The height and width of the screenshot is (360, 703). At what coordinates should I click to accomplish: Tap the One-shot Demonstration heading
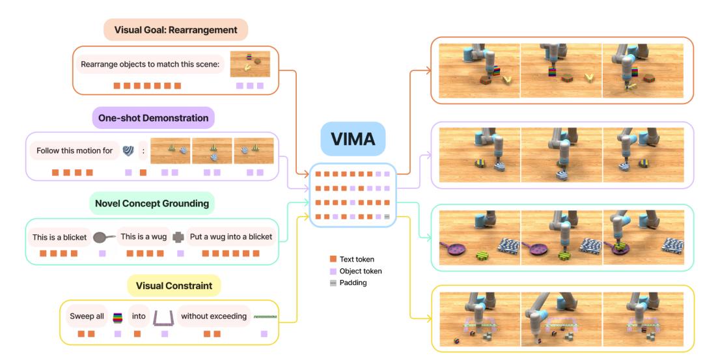click(x=154, y=118)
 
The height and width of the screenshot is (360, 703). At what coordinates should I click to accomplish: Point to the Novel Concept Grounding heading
click(x=152, y=204)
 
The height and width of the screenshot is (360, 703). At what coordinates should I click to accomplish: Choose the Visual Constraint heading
click(x=174, y=285)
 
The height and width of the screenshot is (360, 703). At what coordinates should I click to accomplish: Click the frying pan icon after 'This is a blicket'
click(x=103, y=238)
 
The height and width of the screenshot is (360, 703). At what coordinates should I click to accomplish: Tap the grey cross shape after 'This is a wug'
click(x=178, y=238)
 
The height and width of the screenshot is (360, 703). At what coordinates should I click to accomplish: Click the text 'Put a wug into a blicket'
click(x=230, y=237)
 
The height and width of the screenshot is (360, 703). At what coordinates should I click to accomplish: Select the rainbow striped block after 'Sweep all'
click(x=118, y=317)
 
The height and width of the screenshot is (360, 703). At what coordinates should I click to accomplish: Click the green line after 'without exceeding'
click(x=265, y=317)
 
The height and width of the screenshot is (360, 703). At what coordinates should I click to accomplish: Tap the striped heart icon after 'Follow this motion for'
click(x=128, y=151)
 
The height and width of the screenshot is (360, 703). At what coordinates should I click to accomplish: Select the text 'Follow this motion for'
click(x=75, y=151)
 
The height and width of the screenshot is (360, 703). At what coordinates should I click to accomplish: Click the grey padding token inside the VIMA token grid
click(x=387, y=216)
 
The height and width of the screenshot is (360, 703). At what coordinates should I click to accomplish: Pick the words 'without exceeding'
click(x=214, y=317)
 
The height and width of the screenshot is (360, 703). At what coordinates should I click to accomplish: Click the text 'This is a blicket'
click(x=59, y=237)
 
